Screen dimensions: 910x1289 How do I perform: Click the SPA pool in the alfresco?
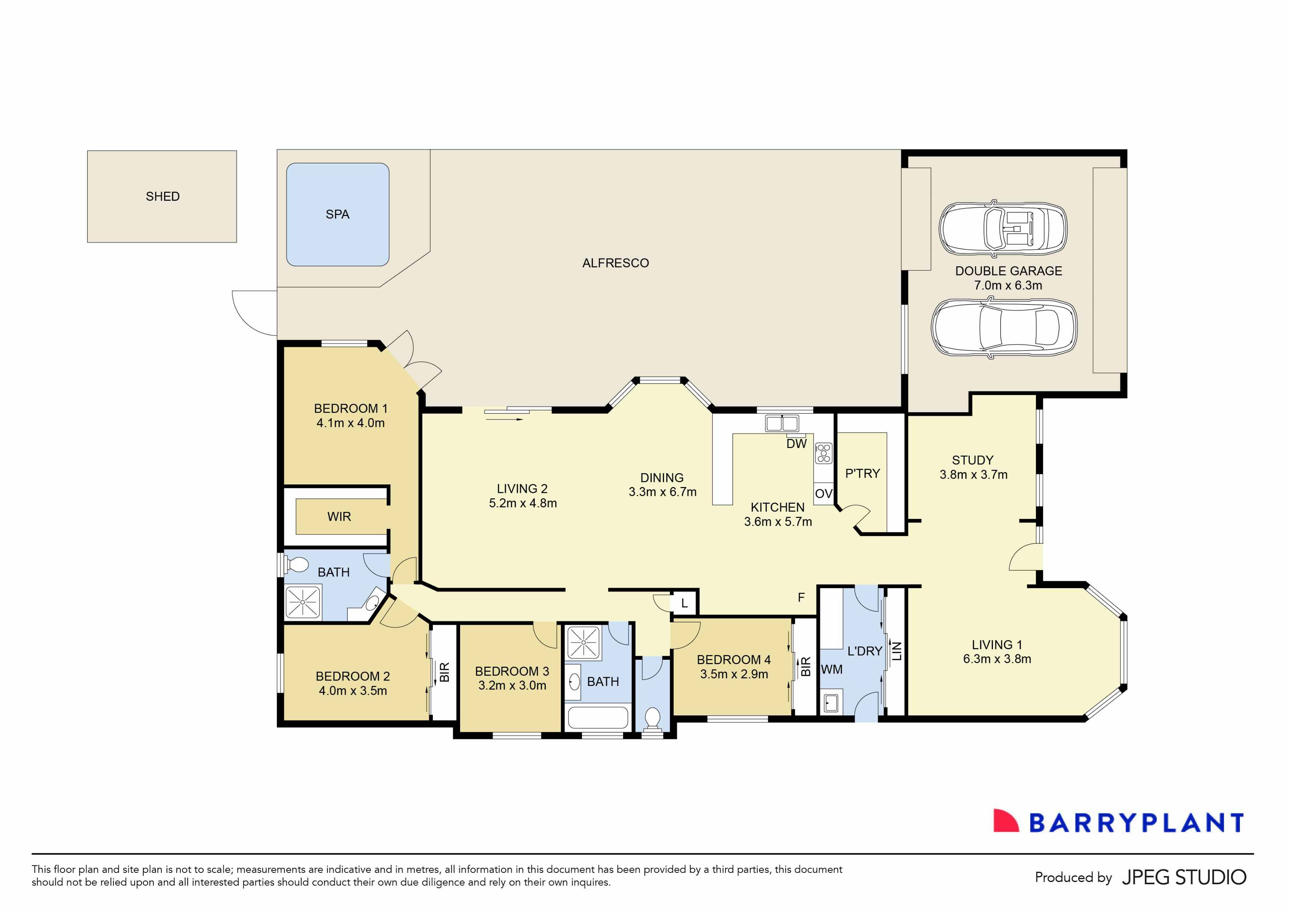click(338, 215)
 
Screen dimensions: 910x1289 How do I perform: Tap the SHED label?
click(162, 196)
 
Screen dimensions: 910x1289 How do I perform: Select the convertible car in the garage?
click(1003, 228)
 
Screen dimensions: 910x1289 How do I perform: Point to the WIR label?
click(339, 516)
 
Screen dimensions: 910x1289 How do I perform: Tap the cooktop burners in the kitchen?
click(823, 453)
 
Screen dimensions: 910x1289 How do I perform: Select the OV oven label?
click(823, 494)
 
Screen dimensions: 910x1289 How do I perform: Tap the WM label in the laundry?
click(831, 670)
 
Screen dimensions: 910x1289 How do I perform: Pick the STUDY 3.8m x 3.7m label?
click(973, 467)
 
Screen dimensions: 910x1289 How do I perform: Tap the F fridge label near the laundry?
click(801, 598)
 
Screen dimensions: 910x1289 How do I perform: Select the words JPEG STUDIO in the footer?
click(1184, 877)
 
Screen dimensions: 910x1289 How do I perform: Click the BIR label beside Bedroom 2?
click(444, 672)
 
